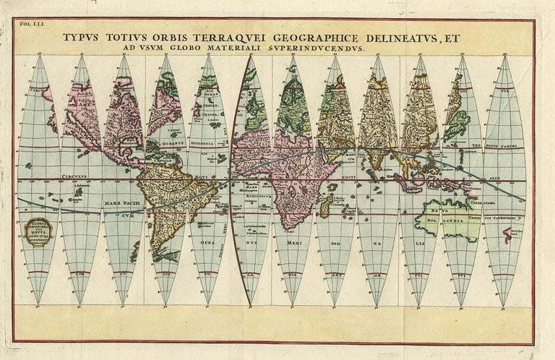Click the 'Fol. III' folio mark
point(30,26)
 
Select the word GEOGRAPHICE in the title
point(327,36)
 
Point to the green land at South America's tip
point(168,254)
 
